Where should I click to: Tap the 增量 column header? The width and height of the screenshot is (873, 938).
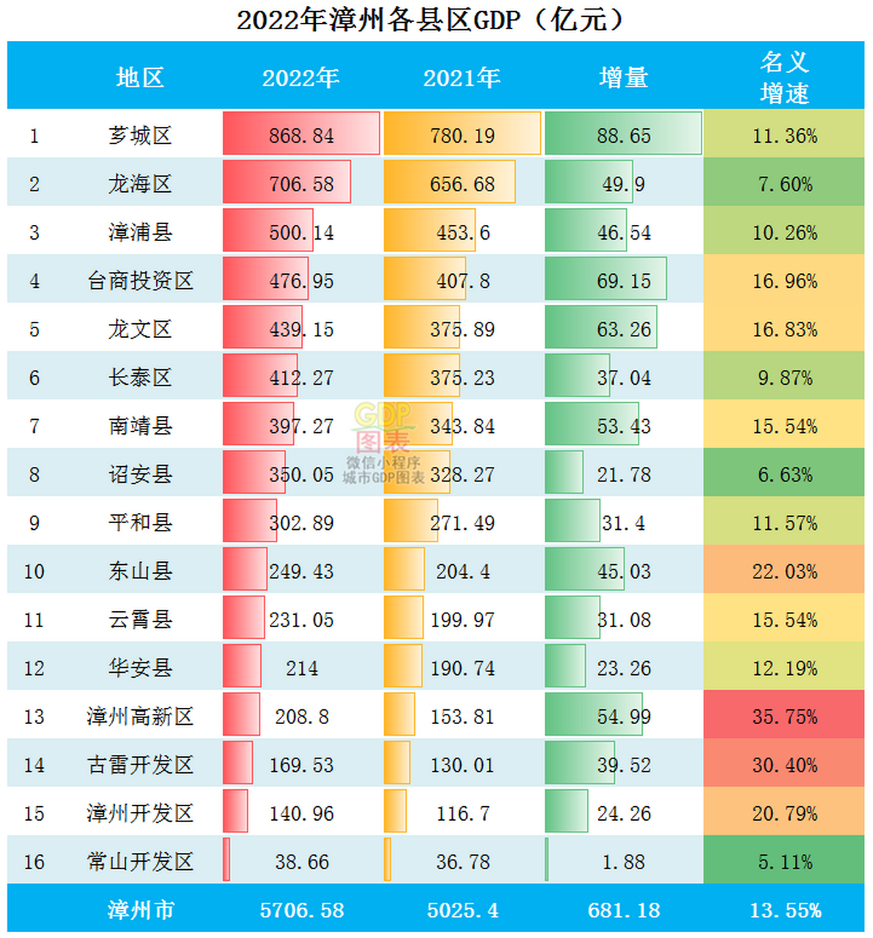pyautogui.click(x=623, y=78)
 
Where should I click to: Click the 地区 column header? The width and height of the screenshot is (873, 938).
pyautogui.click(x=140, y=78)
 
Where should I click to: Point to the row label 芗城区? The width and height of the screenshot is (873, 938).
pyautogui.click(x=140, y=136)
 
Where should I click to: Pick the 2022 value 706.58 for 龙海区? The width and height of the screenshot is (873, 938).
pyautogui.click(x=301, y=184)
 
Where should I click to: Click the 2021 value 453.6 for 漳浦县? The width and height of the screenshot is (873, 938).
pyautogui.click(x=463, y=233)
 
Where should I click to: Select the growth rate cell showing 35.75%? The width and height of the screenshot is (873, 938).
pyautogui.click(x=784, y=717)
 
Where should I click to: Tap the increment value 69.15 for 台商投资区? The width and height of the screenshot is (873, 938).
pyautogui.click(x=623, y=281)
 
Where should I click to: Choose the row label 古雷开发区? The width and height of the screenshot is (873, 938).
pyautogui.click(x=140, y=765)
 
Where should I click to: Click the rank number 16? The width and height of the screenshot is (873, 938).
pyautogui.click(x=34, y=862)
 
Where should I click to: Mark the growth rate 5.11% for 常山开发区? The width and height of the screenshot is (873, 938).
pyautogui.click(x=784, y=862)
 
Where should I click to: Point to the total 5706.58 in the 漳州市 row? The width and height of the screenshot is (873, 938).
pyautogui.click(x=301, y=910)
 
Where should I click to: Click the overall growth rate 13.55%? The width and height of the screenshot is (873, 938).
pyautogui.click(x=785, y=910)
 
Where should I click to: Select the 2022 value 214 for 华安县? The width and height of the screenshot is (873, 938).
pyautogui.click(x=301, y=668)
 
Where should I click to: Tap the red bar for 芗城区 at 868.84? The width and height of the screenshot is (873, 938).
pyautogui.click(x=301, y=134)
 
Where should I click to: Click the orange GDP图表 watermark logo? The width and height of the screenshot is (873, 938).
pyautogui.click(x=383, y=427)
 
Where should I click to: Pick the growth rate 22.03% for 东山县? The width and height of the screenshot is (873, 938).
pyautogui.click(x=784, y=572)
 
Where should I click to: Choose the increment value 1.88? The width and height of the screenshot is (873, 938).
pyautogui.click(x=623, y=862)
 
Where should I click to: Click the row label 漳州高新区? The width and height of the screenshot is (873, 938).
pyautogui.click(x=140, y=717)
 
